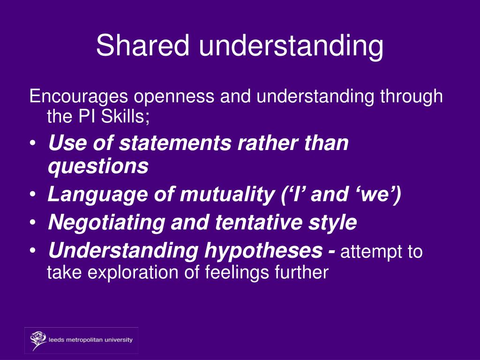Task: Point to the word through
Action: [411, 97]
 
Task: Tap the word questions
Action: [98, 166]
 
